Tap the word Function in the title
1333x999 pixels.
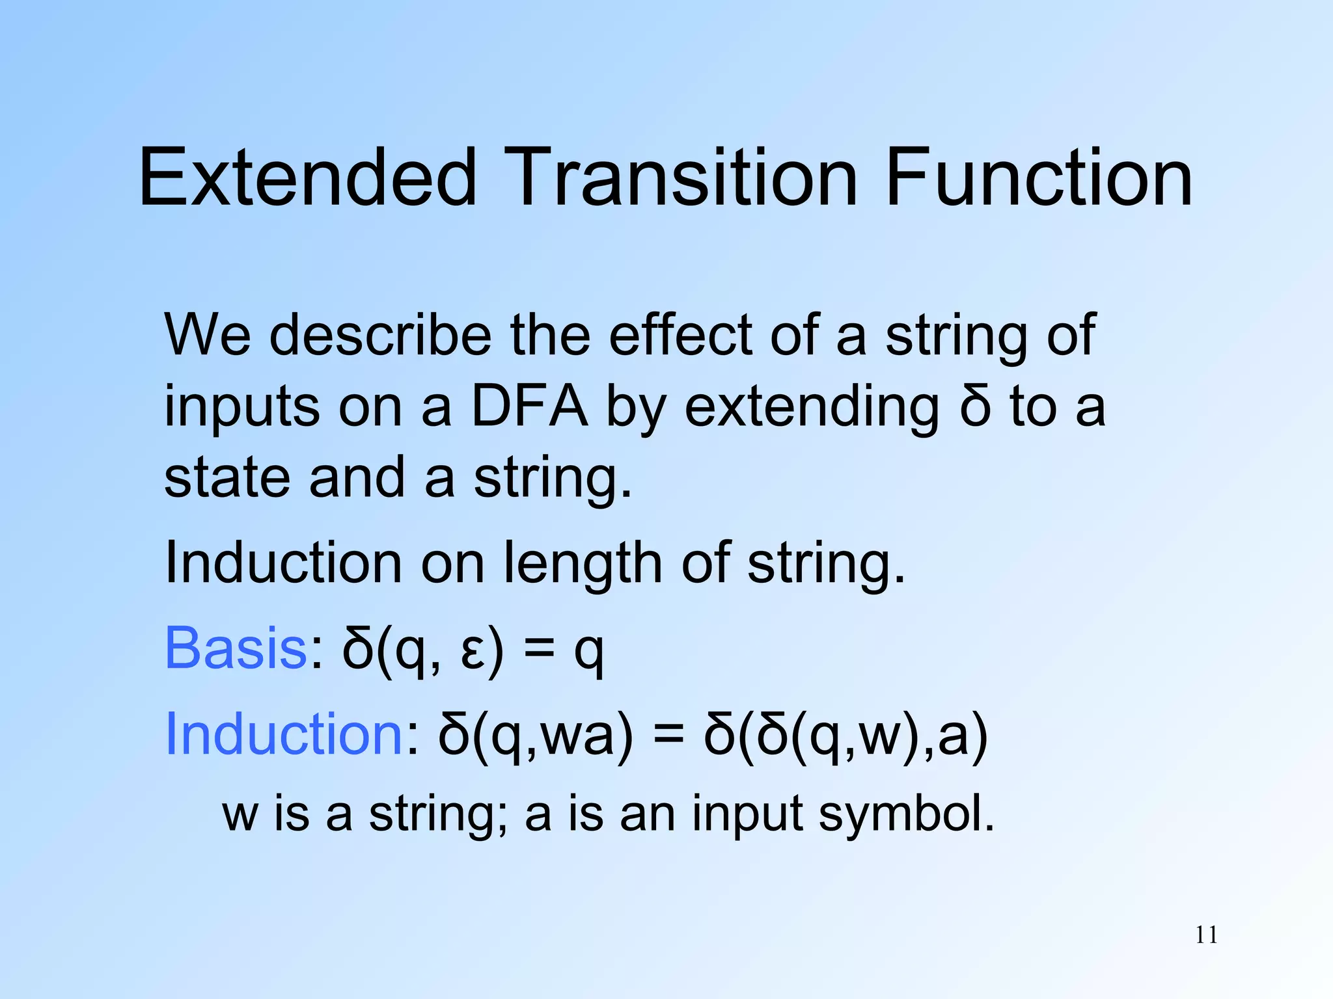(x=1039, y=177)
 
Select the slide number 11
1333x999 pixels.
(x=1206, y=935)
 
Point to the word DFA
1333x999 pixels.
(x=529, y=406)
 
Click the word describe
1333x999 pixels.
(x=380, y=335)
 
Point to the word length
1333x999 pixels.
(x=583, y=563)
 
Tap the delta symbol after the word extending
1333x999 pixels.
(x=974, y=406)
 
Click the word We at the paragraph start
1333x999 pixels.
(x=207, y=335)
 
